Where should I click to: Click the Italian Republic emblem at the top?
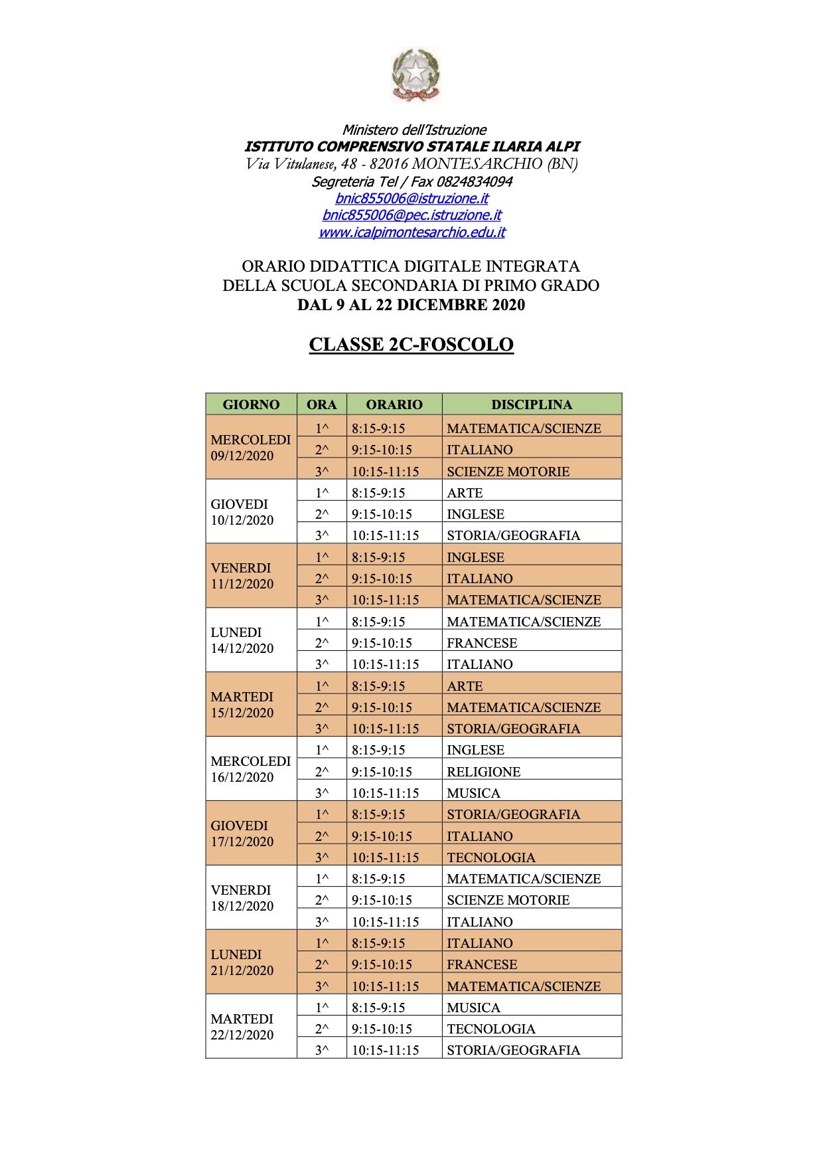pos(415,75)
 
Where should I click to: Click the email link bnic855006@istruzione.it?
pos(411,199)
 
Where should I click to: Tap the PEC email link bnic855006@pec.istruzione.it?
pos(411,215)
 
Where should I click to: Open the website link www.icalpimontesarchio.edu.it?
pos(411,232)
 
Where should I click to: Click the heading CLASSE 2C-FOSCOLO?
pos(411,345)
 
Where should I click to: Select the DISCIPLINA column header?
pos(531,404)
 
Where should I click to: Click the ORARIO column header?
pos(394,404)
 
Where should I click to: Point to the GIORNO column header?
pos(251,404)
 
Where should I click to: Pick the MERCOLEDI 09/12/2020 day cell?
pos(250,448)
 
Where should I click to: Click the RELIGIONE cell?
pos(484,772)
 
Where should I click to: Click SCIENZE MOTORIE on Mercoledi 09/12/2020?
pos(508,472)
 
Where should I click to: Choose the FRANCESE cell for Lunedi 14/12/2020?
pos(482,643)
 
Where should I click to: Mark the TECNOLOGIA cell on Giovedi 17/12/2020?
pos(491,857)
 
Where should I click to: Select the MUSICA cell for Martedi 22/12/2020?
pos(473,1008)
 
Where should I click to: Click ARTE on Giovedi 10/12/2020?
pos(465,493)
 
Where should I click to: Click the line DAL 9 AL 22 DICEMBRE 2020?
pos(411,305)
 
